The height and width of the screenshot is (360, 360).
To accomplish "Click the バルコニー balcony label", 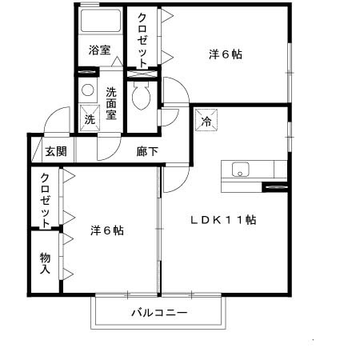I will point(159,313).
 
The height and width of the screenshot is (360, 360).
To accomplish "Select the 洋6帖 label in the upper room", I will point(226,54).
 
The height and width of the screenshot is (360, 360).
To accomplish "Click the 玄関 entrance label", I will point(55,150).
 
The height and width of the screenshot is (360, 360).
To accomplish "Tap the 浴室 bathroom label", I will point(100,49).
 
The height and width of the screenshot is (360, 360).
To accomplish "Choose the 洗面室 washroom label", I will point(111,102).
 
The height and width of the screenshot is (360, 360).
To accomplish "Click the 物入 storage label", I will point(46,263).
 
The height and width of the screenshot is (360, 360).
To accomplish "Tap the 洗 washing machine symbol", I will point(90,118).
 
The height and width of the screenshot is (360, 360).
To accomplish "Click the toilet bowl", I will point(142,100).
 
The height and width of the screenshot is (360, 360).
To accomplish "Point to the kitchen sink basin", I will point(240,169).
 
